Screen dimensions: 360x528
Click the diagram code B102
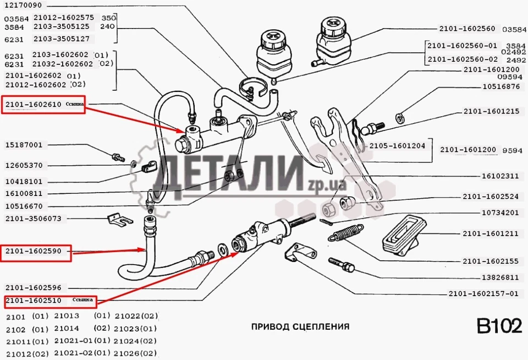pos(499,326)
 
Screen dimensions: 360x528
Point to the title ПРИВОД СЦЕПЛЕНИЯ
pos(300,326)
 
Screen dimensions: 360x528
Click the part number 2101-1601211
pos(491,234)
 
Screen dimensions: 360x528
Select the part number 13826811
pos(501,277)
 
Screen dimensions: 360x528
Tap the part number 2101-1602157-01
pos(483,293)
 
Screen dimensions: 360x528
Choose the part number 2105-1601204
pos(397,146)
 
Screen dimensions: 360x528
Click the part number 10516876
pos(501,86)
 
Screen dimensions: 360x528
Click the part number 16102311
pos(501,176)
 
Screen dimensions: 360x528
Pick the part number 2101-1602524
pos(491,196)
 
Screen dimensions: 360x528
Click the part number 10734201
pos(501,212)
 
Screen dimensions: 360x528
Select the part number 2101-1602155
pos(491,261)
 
